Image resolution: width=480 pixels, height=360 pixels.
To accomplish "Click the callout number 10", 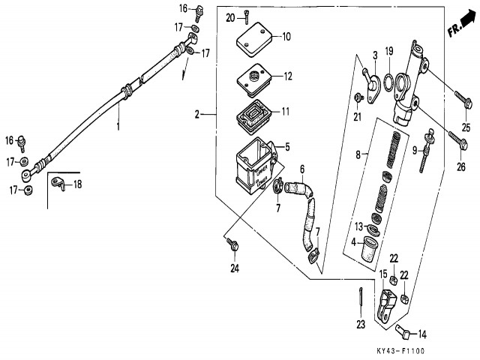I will [x=286, y=36].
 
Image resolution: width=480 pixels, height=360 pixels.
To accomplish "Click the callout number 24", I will [x=234, y=268].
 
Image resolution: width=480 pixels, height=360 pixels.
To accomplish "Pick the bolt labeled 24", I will [x=232, y=244].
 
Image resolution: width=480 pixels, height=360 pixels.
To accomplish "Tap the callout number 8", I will [x=359, y=154].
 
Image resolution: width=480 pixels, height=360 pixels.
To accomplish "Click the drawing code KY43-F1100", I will [x=400, y=351].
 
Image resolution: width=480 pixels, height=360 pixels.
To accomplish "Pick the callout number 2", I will [x=196, y=115].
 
